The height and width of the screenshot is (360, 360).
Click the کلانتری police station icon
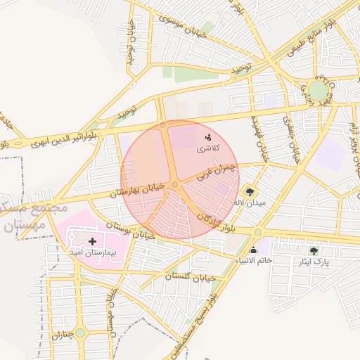[208, 136]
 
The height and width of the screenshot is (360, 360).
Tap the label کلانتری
[208, 148]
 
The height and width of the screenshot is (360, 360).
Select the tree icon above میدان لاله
[250, 191]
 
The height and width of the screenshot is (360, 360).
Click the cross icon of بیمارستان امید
[92, 240]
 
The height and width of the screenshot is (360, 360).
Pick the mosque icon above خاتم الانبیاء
[253, 250]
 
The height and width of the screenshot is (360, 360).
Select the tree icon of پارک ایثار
[314, 250]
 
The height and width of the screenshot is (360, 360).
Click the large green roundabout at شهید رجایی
[318, 91]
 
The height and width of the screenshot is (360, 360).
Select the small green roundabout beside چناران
[79, 333]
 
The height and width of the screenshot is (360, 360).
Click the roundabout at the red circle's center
[174, 184]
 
